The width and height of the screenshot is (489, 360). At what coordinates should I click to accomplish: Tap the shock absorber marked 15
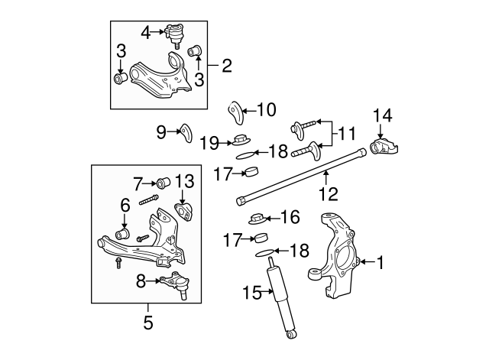click(279, 299)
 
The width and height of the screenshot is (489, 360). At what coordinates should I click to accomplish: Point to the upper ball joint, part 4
click(176, 34)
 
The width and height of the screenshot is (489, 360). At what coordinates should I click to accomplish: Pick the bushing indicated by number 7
click(162, 183)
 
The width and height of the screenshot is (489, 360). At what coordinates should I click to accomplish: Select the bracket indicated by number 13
click(184, 212)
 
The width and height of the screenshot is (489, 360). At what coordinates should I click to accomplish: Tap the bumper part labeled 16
click(256, 219)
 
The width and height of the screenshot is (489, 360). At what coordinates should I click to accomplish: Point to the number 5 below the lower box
click(148, 323)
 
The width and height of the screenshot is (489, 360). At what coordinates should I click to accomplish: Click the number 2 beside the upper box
click(225, 66)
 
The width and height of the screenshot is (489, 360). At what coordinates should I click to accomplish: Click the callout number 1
click(380, 264)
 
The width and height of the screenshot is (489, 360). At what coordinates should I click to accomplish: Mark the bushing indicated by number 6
click(121, 232)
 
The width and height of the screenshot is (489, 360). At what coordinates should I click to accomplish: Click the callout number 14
click(382, 116)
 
